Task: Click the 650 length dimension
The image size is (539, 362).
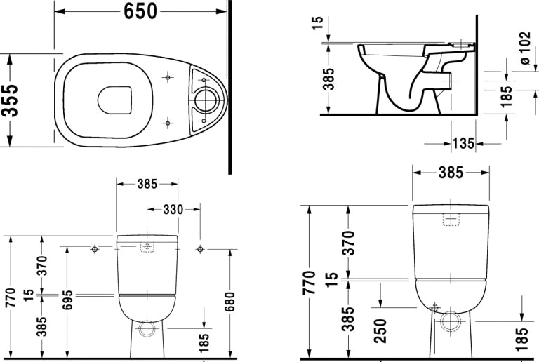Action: pos(140,11)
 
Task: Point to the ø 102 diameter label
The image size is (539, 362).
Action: pos(524,48)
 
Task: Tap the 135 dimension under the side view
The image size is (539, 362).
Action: pos(463,144)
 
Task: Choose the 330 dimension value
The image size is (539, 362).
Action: pos(173,209)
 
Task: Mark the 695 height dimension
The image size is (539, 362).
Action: pos(68,300)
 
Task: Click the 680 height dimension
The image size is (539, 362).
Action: pos(229,302)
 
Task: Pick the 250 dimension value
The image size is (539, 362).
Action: pos(381,330)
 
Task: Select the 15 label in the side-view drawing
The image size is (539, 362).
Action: pos(319,23)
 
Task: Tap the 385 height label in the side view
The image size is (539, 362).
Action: pos(328,79)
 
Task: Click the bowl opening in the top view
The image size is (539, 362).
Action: pos(114,100)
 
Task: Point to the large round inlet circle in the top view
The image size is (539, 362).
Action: pos(206,100)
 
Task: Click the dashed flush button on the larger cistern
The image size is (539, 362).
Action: pos(451,219)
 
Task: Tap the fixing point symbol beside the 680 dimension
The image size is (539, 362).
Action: pos(200,249)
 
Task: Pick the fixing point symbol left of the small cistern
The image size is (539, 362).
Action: pos(95,249)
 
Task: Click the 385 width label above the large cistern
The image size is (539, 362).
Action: pos(451,173)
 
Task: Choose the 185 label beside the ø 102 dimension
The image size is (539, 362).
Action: pos(506,97)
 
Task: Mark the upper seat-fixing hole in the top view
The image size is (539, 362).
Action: pos(168,78)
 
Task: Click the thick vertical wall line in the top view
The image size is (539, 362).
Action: pos(229,87)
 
